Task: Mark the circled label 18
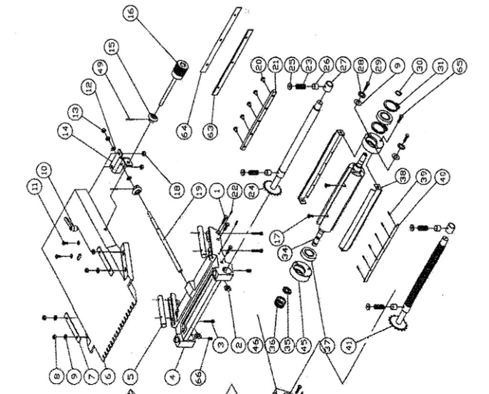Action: point(176,190)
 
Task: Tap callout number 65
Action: point(459,66)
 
